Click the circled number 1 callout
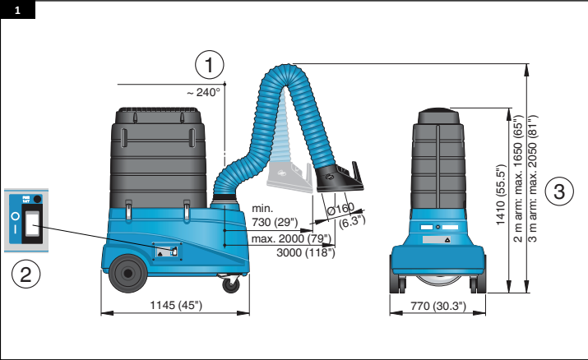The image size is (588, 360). pyautogui.click(x=210, y=65)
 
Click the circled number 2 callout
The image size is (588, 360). pyautogui.click(x=25, y=275)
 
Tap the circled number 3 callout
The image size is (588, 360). pyautogui.click(x=559, y=192)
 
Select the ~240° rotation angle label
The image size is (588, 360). pyautogui.click(x=203, y=92)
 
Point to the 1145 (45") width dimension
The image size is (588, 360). pyautogui.click(x=176, y=305)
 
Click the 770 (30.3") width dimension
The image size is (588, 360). pyautogui.click(x=438, y=306)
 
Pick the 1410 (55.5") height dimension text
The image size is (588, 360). pyautogui.click(x=501, y=195)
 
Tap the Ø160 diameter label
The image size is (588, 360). pyautogui.click(x=340, y=209)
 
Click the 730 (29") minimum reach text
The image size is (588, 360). pyautogui.click(x=275, y=222)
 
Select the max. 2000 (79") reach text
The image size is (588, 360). pyautogui.click(x=291, y=238)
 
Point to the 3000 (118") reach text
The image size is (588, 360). pyautogui.click(x=306, y=252)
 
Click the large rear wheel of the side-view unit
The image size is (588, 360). pyautogui.click(x=128, y=274)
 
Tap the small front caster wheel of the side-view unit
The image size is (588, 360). pyautogui.click(x=230, y=284)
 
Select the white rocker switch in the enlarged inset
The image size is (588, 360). pyautogui.click(x=32, y=224)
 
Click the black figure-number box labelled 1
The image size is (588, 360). pyautogui.click(x=17, y=10)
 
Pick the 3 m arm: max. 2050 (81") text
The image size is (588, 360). pyautogui.click(x=533, y=178)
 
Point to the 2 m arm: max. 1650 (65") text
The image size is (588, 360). pyautogui.click(x=517, y=178)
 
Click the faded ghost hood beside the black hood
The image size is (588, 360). pyautogui.click(x=289, y=177)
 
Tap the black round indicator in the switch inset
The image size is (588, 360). pyautogui.click(x=37, y=199)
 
